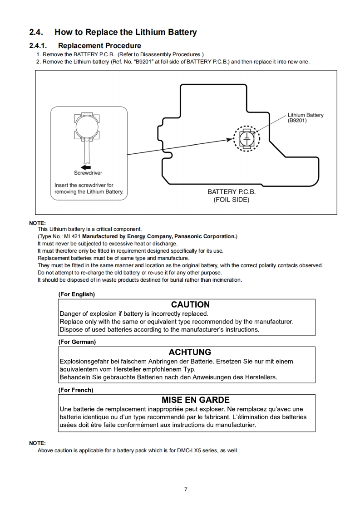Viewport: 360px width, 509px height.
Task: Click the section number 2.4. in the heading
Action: [x=36, y=32]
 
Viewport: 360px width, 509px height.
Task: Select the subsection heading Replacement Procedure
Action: [x=99, y=45]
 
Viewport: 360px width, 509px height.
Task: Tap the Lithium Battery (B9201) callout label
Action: [x=306, y=117]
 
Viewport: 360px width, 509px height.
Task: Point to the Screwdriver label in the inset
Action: [x=88, y=173]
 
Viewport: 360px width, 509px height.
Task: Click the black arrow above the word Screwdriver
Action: [x=85, y=167]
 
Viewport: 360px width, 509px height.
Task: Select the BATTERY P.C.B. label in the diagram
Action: [x=232, y=192]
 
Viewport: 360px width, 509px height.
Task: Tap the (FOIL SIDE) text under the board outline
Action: [x=232, y=200]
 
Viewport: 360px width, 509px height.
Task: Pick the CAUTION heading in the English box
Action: [x=190, y=304]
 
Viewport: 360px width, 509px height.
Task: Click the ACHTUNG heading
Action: [x=190, y=352]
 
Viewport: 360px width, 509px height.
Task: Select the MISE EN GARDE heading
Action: [x=196, y=400]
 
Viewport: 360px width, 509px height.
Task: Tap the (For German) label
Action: [x=77, y=342]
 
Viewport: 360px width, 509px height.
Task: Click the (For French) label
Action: [x=76, y=390]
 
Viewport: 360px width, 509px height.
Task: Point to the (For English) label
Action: [x=77, y=294]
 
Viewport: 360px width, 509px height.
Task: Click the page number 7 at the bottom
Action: [x=186, y=489]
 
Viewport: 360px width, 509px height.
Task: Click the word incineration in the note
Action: [x=226, y=280]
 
